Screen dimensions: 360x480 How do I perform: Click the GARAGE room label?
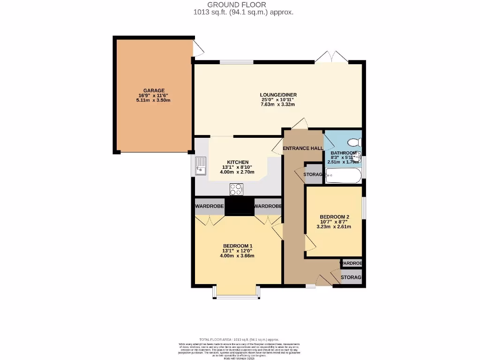click(154, 90)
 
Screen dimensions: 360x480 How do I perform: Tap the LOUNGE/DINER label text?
click(278, 95)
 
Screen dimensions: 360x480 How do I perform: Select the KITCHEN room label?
click(238, 162)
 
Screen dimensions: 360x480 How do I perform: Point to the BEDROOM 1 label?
click(238, 246)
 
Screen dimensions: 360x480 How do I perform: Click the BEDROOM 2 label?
click(334, 217)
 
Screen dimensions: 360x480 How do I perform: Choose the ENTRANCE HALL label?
click(303, 149)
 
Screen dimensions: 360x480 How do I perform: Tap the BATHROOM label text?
click(344, 153)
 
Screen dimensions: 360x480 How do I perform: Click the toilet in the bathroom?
click(353, 142)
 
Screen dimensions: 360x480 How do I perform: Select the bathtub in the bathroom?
click(344, 177)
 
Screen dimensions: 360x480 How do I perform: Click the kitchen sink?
click(201, 165)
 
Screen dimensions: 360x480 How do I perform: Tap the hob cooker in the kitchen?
click(236, 189)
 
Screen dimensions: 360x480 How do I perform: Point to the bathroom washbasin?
click(357, 157)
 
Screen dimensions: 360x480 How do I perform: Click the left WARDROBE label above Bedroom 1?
click(210, 206)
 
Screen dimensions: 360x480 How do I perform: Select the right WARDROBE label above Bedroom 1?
click(268, 206)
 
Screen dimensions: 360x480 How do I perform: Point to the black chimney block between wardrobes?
click(239, 207)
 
